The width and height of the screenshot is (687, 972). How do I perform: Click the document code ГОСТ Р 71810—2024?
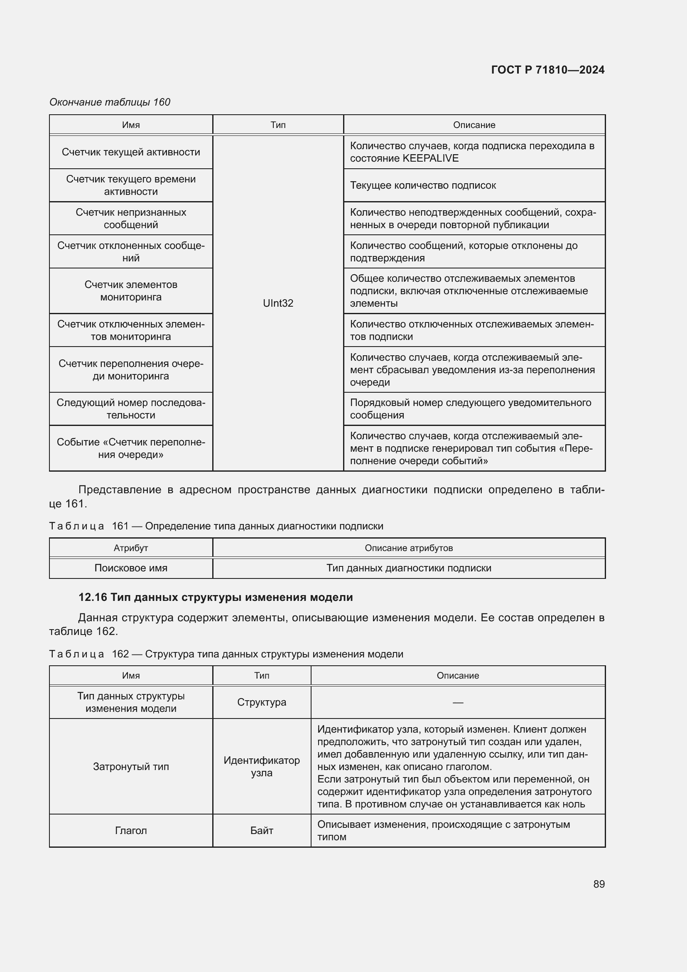pos(547,70)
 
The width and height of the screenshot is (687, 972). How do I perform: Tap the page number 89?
pos(599,884)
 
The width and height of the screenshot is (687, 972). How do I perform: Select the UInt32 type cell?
pos(278,303)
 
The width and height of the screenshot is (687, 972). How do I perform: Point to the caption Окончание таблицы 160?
pos(110,102)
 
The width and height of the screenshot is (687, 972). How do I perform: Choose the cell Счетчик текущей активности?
pos(131,152)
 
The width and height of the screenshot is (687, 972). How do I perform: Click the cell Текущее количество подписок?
pos(423,185)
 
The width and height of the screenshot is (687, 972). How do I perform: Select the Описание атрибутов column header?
pos(409,548)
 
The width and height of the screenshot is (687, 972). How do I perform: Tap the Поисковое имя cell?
pos(131,568)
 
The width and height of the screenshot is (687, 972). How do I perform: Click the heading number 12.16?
pos(93,597)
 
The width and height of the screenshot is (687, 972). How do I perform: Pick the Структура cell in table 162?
pos(261,702)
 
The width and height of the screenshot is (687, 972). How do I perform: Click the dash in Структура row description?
pos(458,702)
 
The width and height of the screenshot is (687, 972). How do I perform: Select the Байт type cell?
pos(261,831)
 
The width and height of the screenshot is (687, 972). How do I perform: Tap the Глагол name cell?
pos(131,831)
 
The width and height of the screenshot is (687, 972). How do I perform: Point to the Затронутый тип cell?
pos(131,767)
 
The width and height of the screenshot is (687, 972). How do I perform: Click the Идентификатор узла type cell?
pos(261,767)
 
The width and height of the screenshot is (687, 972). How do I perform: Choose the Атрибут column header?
pos(131,548)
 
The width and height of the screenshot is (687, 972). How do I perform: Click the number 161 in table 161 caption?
pos(120,526)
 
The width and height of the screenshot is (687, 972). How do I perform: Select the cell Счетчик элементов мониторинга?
pos(131,291)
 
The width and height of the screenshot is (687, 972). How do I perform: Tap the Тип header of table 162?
pos(261,675)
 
